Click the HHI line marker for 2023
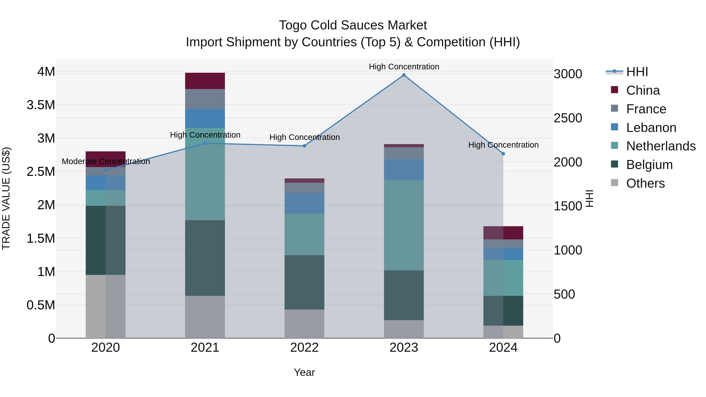(404, 75)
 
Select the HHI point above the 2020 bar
(106, 170)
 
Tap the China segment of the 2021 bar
(205, 81)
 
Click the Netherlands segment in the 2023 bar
(404, 225)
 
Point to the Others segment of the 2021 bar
(205, 317)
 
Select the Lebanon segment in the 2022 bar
(304, 203)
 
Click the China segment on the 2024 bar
(503, 233)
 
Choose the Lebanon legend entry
(651, 128)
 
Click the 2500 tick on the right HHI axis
(568, 118)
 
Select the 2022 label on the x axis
(304, 348)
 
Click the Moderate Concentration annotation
(106, 161)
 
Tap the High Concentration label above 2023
(404, 67)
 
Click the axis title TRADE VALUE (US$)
(6, 198)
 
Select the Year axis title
(304, 372)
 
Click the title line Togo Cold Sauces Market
(353, 25)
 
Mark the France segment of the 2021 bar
(205, 99)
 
